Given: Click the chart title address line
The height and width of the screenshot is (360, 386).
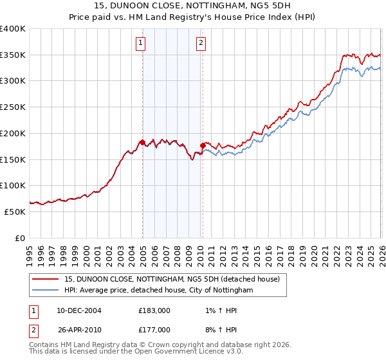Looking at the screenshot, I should pos(193,6).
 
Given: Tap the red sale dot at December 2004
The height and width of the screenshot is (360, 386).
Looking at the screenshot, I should pos(142,141).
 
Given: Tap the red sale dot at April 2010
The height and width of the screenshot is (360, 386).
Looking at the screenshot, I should pos(203,145).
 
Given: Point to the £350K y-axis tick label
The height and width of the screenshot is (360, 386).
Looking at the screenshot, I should pos(13,55).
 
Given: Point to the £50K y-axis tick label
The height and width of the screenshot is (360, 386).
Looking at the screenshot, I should pos(15,212).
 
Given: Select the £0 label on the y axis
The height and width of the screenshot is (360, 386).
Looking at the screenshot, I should pos(21,238).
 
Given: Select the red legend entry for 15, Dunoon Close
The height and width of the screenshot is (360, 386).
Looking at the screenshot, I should pos(171,279).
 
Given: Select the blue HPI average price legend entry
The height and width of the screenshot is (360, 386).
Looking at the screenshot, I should pos(159,291).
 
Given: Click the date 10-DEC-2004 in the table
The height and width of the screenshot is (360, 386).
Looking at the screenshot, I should pos(79,310).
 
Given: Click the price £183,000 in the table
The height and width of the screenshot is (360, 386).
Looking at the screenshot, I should pos(154,310).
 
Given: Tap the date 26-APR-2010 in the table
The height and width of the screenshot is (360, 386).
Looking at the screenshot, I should pos(79,330).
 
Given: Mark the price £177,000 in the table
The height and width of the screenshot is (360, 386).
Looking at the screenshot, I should pos(154,330).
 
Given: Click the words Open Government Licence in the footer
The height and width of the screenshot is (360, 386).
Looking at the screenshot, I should pos(179,352).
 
